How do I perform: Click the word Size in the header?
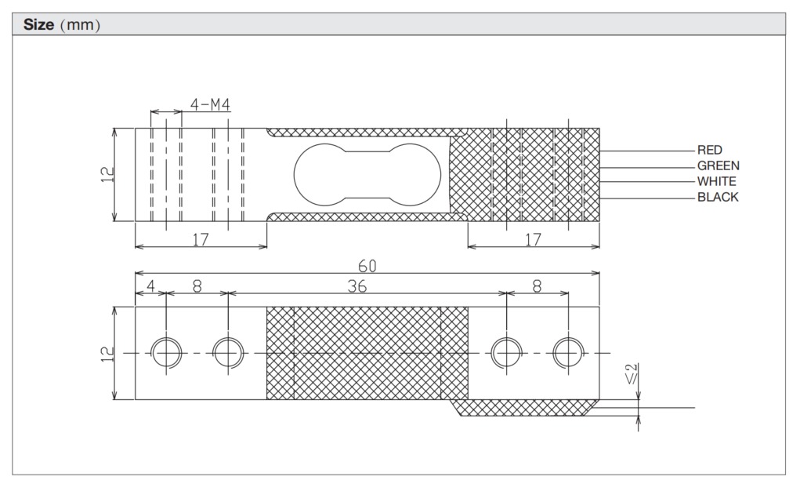[x=38, y=24]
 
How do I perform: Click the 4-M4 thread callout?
[x=210, y=104]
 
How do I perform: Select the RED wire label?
[x=709, y=150]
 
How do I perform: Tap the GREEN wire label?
[x=718, y=165]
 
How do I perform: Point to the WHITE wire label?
[x=716, y=181]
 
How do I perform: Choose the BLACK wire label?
[x=717, y=197]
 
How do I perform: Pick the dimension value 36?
[x=357, y=287]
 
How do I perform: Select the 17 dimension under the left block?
[x=201, y=240]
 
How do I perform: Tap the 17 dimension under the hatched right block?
[x=533, y=240]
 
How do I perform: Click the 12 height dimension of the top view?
[x=107, y=174]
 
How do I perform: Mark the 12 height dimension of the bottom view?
[x=107, y=354]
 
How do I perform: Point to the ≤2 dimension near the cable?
[x=632, y=375]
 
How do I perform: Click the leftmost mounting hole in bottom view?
[x=165, y=353]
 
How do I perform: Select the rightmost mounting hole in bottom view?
[x=568, y=353]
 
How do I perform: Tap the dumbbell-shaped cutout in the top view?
[x=366, y=174]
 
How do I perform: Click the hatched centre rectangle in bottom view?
[x=367, y=354]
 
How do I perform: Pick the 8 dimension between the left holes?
[x=197, y=287]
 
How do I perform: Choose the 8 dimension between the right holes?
[x=537, y=287]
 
